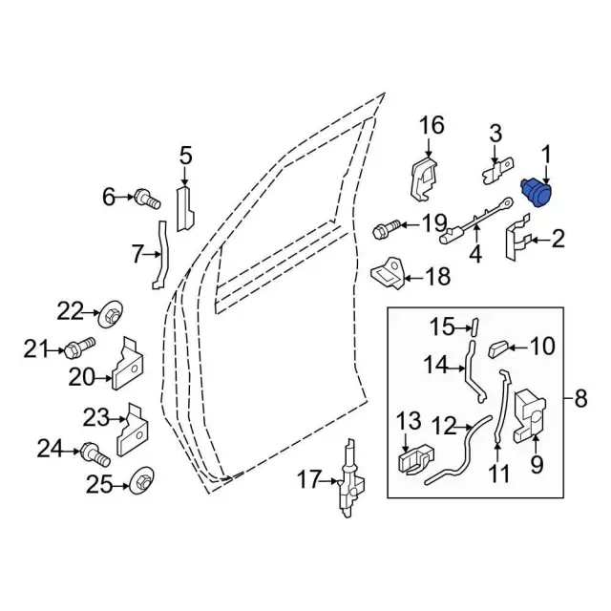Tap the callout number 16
coord(432,125)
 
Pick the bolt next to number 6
coord(146,199)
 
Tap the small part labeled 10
coord(499,348)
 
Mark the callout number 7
coord(137,254)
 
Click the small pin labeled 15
coord(473,327)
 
